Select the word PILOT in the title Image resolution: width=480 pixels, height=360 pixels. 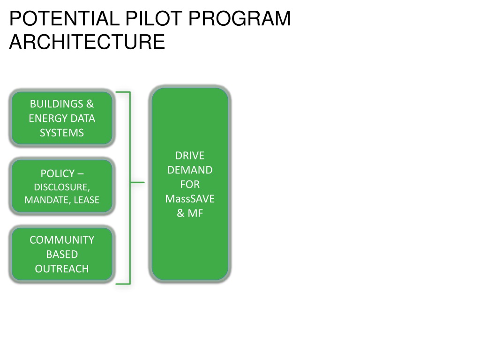(154, 18)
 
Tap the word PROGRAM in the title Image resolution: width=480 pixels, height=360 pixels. (240, 18)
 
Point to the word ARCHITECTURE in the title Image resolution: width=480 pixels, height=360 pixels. (87, 42)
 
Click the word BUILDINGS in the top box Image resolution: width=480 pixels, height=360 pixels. (57, 104)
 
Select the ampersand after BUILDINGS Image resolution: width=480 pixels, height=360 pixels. (90, 104)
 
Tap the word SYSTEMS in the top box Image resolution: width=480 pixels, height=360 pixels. (62, 133)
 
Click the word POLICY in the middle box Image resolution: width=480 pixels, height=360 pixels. (58, 173)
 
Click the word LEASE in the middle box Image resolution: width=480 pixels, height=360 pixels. (87, 200)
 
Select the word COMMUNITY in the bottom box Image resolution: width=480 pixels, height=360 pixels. (62, 240)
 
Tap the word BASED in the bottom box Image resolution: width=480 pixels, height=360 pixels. (62, 255)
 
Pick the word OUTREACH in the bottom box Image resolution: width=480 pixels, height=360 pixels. (62, 269)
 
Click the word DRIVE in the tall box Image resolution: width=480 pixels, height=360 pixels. (190, 156)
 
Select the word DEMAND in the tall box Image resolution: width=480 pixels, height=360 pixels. (190, 170)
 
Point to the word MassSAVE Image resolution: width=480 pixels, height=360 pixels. (190, 199)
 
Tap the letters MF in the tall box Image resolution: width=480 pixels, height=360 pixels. (195, 213)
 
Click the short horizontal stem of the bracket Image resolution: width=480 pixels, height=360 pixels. (137, 182)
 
